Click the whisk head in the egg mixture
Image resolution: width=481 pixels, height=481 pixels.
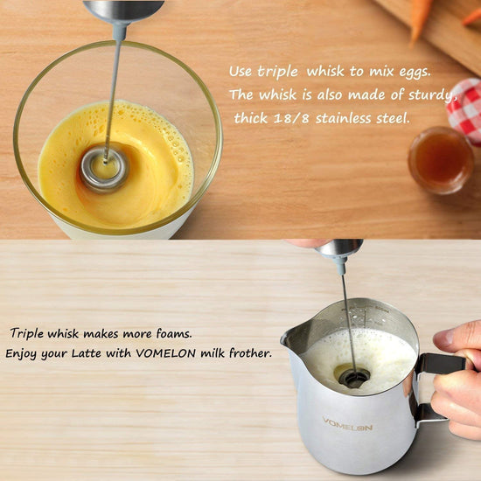[104, 170]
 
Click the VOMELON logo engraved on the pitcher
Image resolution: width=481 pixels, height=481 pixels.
[347, 424]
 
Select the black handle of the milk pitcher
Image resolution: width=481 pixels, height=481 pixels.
[442, 364]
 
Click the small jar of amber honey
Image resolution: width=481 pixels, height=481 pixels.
[441, 160]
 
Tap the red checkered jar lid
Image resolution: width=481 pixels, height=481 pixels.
[464, 108]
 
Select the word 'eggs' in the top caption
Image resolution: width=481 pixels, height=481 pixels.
[415, 73]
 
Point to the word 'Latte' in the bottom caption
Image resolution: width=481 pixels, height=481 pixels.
[87, 353]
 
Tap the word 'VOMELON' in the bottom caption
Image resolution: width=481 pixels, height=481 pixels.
[166, 353]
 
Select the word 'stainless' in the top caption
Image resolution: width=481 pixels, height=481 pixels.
[344, 118]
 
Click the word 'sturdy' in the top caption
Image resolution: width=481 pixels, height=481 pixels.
[433, 95]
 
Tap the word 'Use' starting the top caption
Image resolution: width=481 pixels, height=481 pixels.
[240, 72]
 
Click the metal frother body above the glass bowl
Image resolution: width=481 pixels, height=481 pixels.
[123, 11]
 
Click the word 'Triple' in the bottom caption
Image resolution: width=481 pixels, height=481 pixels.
[27, 334]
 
